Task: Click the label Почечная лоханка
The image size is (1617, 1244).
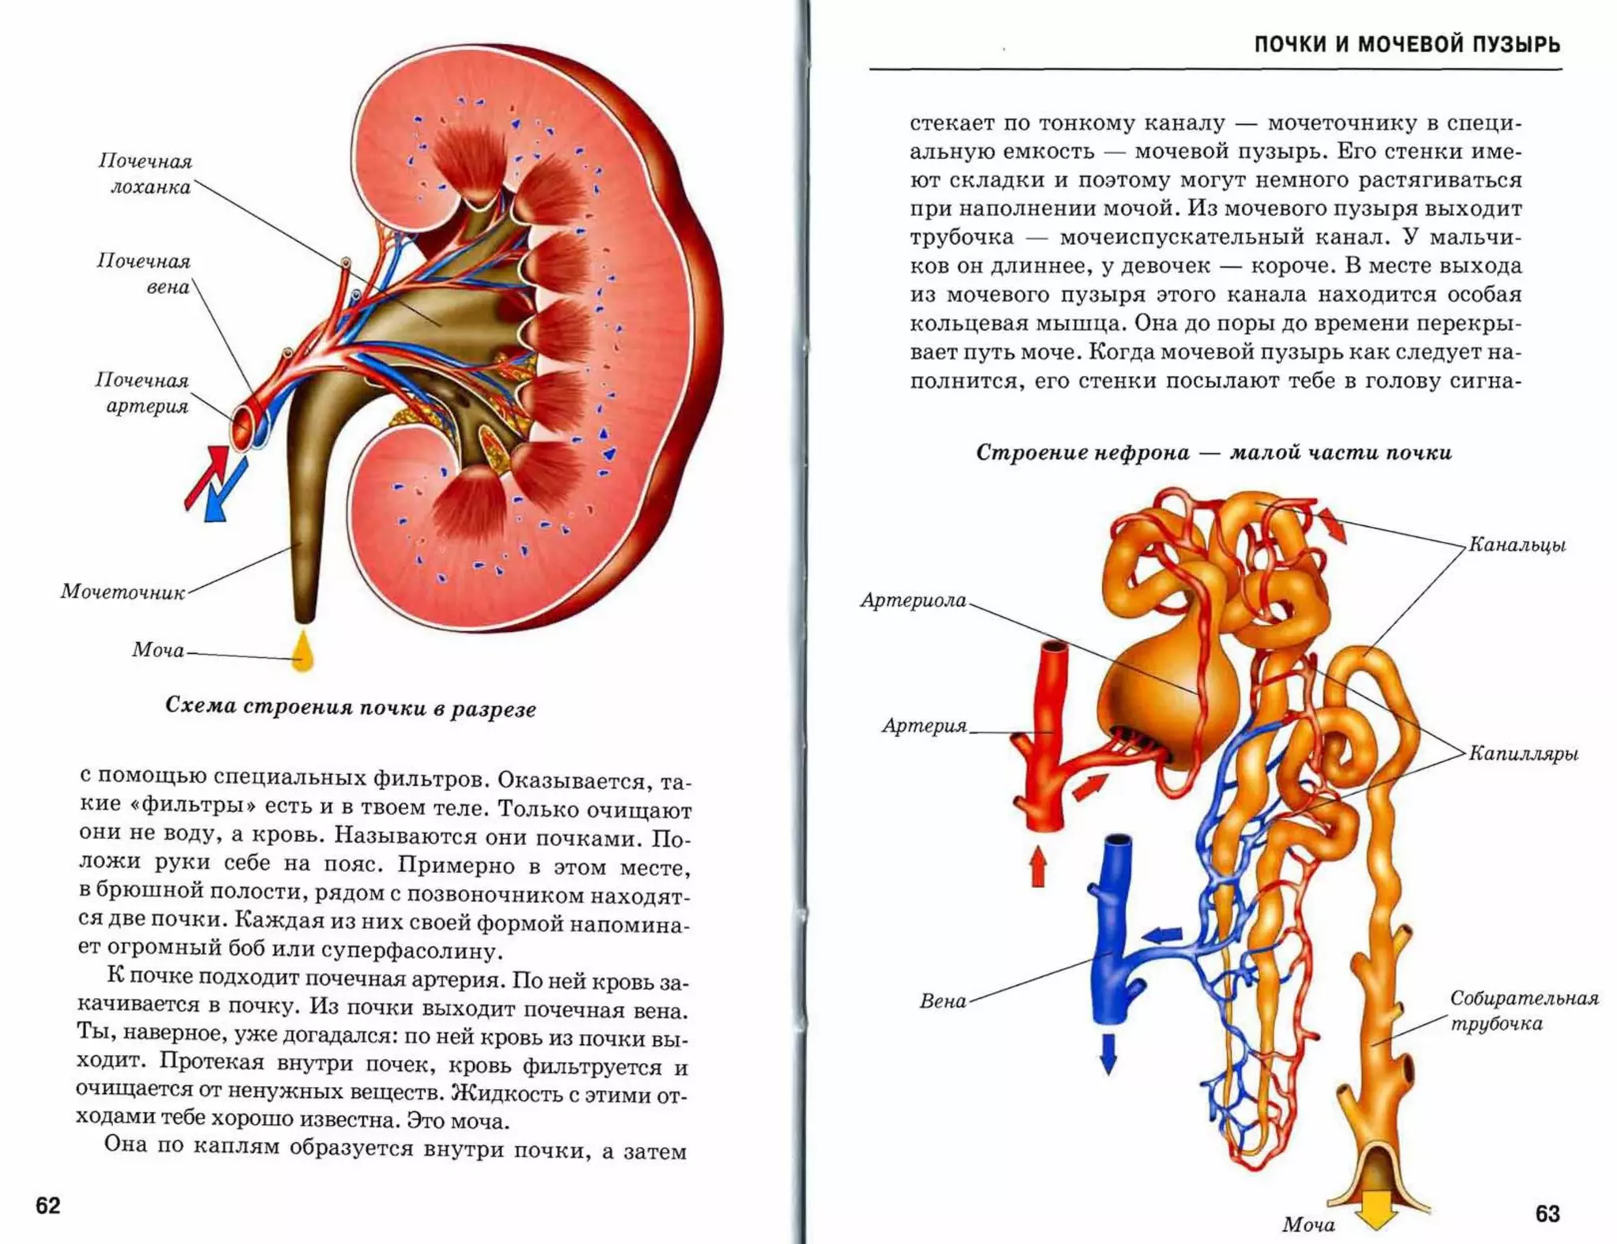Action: [145, 174]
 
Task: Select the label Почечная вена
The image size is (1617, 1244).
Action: [144, 273]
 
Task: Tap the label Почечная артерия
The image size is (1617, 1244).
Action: [143, 393]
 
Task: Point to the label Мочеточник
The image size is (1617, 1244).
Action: [122, 592]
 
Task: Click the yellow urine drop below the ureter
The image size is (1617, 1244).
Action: [302, 652]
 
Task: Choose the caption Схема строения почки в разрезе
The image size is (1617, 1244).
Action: [351, 707]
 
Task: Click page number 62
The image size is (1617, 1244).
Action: [48, 1206]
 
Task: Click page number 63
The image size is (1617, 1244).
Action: [1548, 1213]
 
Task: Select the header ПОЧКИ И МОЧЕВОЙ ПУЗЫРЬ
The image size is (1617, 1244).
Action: [1407, 44]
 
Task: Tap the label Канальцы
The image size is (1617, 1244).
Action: [1517, 545]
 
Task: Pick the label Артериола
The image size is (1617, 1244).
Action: [914, 600]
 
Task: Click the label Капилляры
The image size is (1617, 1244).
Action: [1523, 754]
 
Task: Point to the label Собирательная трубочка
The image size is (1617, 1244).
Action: [1524, 1011]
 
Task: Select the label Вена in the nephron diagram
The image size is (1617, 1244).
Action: [943, 1002]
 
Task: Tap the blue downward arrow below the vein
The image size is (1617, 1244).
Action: [1108, 1054]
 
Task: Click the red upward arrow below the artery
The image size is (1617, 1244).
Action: [1038, 866]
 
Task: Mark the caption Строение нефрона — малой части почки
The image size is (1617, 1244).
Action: [1214, 453]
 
